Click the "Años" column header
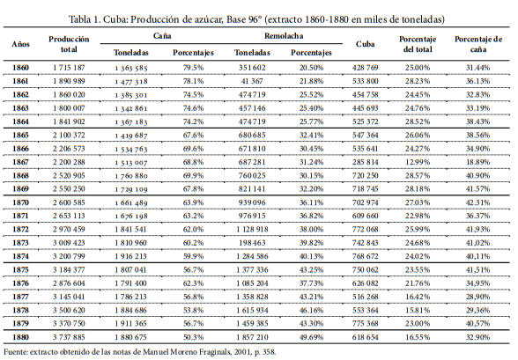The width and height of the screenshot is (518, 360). pyautogui.click(x=20, y=43)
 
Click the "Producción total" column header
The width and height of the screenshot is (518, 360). pyautogui.click(x=69, y=45)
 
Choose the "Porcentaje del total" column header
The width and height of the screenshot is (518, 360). pyautogui.click(x=418, y=45)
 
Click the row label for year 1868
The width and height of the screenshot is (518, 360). pyautogui.click(x=20, y=175)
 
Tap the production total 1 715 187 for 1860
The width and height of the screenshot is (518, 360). pyautogui.click(x=69, y=68)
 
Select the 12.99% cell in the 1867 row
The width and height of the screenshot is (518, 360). pyautogui.click(x=418, y=162)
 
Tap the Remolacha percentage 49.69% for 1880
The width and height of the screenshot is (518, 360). pyautogui.click(x=312, y=336)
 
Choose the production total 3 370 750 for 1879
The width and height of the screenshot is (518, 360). pyautogui.click(x=69, y=323)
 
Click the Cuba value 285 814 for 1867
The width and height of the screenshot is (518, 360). pyautogui.click(x=365, y=162)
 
